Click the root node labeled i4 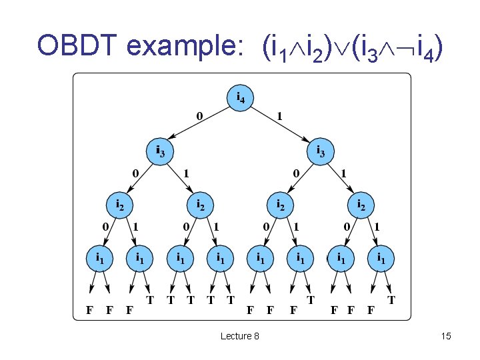click(x=241, y=98)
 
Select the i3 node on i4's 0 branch click(x=161, y=150)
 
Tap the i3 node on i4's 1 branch click(x=321, y=150)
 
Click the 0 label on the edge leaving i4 click(x=199, y=116)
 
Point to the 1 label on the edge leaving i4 click(x=281, y=116)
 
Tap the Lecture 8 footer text click(x=240, y=336)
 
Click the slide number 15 click(x=446, y=336)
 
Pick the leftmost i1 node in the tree click(x=101, y=257)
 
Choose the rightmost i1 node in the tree click(x=381, y=257)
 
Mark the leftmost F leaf click(x=89, y=309)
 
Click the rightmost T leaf click(x=391, y=300)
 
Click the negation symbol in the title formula click(x=403, y=47)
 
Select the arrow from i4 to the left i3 click(x=199, y=125)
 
